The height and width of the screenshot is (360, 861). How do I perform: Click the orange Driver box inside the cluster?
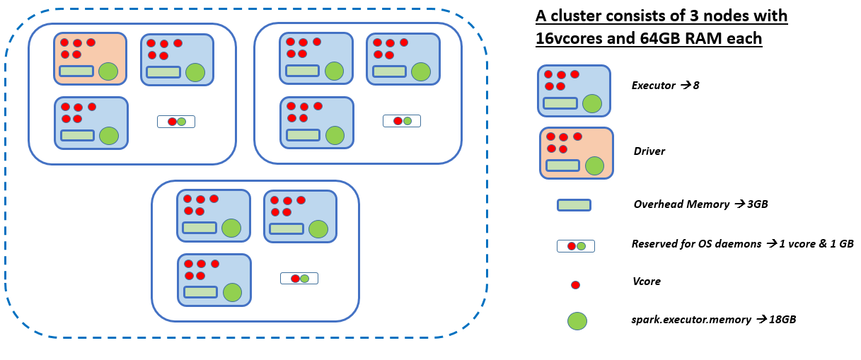pyautogui.click(x=90, y=59)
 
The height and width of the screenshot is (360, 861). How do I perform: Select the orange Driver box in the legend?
pyautogui.click(x=576, y=153)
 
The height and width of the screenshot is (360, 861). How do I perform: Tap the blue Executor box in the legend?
pyautogui.click(x=574, y=91)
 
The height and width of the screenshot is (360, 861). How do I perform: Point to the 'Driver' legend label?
pyautogui.click(x=649, y=151)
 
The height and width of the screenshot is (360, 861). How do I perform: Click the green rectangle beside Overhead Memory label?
pyautogui.click(x=574, y=205)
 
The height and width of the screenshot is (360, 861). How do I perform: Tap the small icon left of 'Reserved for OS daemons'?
pyautogui.click(x=576, y=246)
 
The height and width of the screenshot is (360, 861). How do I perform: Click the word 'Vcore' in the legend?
pyautogui.click(x=647, y=281)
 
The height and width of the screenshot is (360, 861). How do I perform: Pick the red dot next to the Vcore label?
pyautogui.click(x=575, y=285)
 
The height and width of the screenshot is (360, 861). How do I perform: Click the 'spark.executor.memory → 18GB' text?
pyautogui.click(x=715, y=320)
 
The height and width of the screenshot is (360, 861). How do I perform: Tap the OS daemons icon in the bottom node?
pyautogui.click(x=299, y=278)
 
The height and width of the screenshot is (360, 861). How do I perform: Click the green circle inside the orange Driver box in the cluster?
pyautogui.click(x=108, y=71)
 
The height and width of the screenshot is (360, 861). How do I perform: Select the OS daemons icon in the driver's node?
pyautogui.click(x=176, y=122)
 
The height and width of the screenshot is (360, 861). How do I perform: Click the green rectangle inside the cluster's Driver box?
pyautogui.click(x=76, y=71)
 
